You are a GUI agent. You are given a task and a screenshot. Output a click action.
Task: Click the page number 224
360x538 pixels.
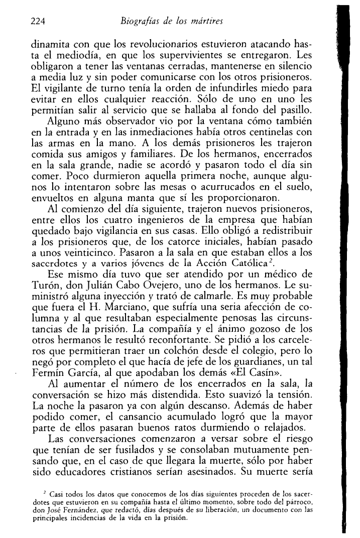pyautogui.click(x=38, y=22)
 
